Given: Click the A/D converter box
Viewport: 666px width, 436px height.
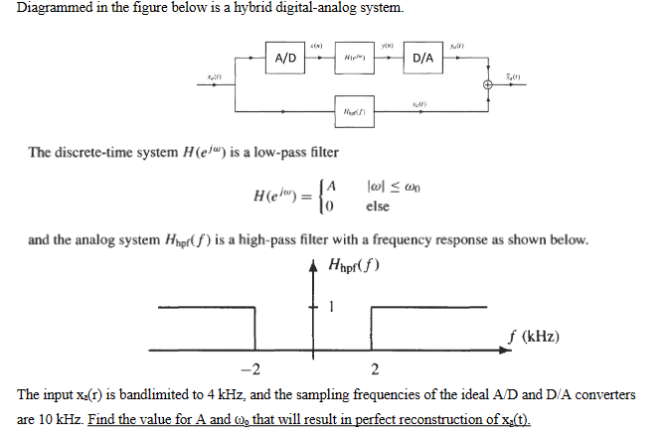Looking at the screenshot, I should [x=285, y=58].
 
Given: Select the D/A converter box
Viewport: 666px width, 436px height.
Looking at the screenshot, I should [x=423, y=58].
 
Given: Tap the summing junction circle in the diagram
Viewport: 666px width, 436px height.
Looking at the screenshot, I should [x=488, y=85].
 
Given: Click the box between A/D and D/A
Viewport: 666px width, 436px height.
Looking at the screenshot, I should [x=355, y=58].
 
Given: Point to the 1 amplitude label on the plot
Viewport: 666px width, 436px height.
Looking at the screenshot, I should [x=334, y=306].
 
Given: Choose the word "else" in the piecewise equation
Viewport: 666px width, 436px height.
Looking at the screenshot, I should [x=378, y=207].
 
